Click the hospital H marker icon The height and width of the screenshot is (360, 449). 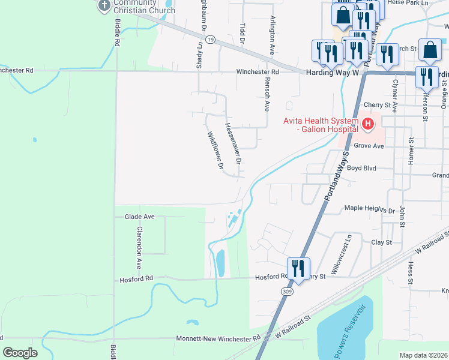pos(367,125)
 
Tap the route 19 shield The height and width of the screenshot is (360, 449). pos(209,38)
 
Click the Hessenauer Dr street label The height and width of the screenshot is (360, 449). pos(233,144)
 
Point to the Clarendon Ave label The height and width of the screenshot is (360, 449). pos(139,247)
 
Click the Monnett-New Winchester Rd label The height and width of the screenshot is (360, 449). pos(218,338)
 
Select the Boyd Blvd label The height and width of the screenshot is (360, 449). pos(361,169)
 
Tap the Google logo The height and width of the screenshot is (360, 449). pos(20,353)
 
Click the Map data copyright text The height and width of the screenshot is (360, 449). pos(424,355)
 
